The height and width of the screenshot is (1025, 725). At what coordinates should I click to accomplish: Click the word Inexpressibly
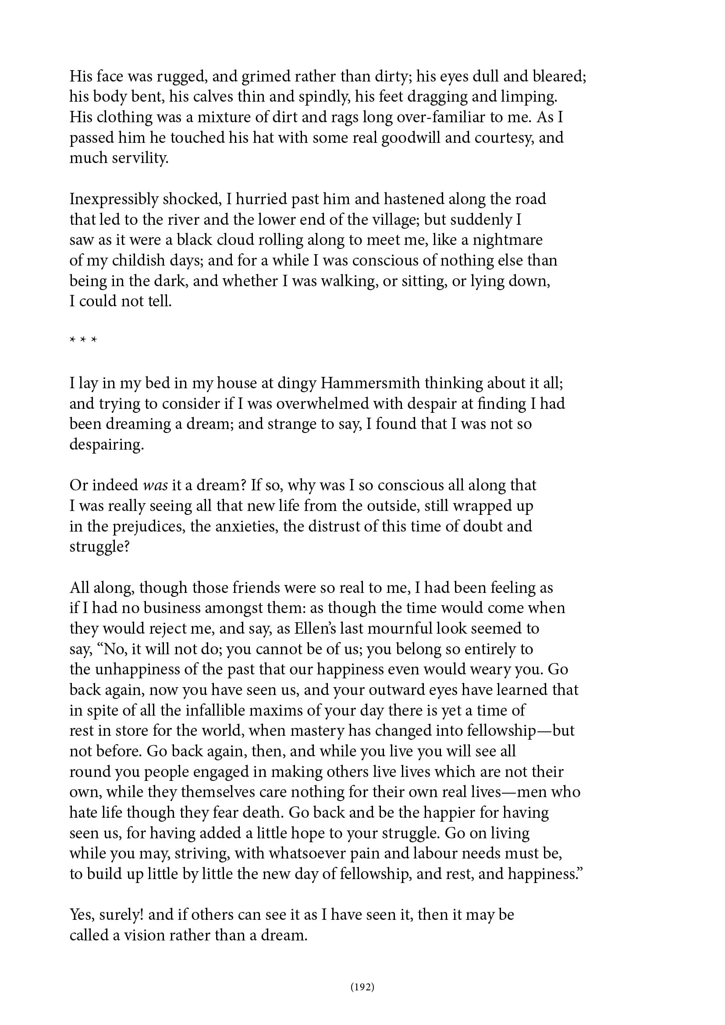coord(114,199)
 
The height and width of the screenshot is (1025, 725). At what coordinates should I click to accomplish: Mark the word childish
coord(139,261)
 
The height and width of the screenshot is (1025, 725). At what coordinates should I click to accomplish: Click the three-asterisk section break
coord(83,340)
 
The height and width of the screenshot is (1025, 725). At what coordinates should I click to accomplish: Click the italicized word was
coord(155,486)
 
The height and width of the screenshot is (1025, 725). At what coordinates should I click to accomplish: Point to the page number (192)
coord(362,987)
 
